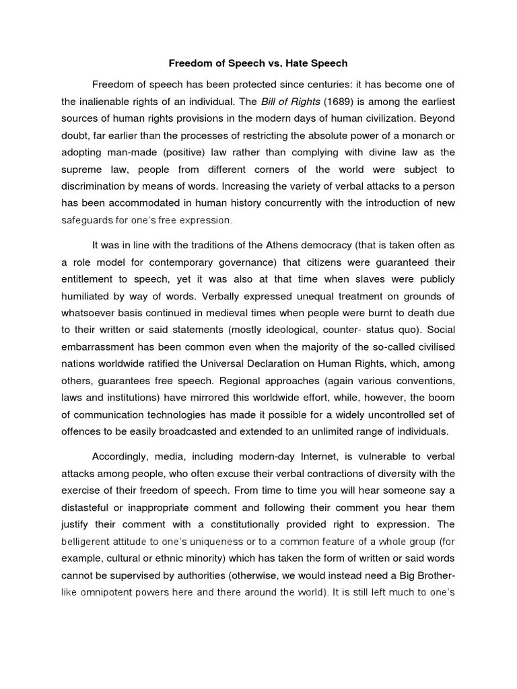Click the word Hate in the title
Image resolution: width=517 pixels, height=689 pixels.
click(287, 64)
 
